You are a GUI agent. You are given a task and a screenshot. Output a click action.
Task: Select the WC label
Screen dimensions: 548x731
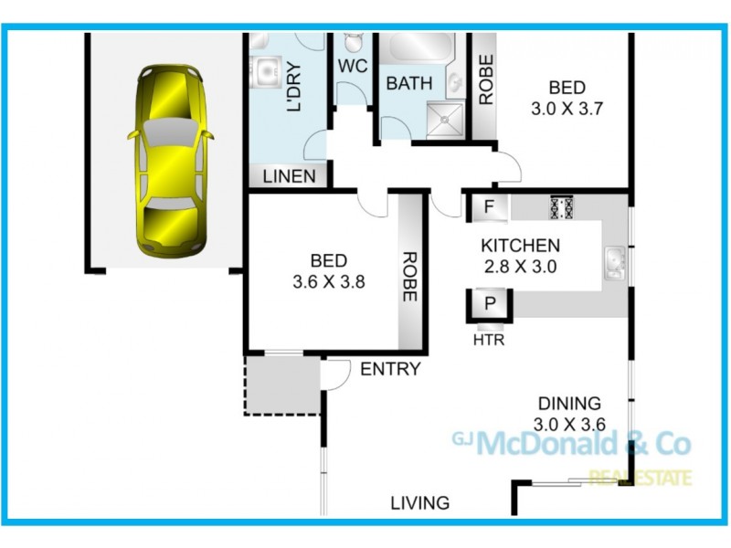[353, 67]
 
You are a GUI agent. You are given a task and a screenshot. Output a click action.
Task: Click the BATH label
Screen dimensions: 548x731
[408, 84]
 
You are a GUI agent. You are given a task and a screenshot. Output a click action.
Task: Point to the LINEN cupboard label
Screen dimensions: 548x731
[289, 176]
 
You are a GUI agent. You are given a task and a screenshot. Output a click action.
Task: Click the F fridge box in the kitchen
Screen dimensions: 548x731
[489, 207]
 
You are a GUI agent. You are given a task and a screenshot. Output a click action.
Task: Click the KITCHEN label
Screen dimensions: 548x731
[520, 246]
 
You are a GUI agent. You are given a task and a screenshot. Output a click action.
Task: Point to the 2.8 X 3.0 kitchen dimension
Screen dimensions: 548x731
[520, 268]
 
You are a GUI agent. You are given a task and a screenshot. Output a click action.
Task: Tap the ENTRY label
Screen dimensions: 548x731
[390, 369]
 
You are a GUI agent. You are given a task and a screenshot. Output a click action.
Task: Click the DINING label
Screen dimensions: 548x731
[569, 403]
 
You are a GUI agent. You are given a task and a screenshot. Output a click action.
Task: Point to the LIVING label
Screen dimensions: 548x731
[420, 502]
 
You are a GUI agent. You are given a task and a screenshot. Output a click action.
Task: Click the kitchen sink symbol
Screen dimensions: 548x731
[615, 263]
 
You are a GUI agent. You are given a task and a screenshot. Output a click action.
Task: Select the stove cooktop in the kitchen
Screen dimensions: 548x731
[560, 207]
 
